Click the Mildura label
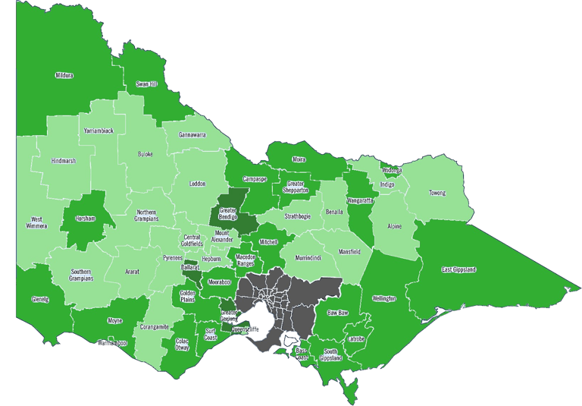pos(64,76)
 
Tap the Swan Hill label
pos(147,84)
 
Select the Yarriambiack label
pos(99,131)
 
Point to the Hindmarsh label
pos(64,162)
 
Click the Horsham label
pos(86,219)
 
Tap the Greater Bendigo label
pos(228,214)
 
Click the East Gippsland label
pos(458,270)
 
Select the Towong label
pos(437,193)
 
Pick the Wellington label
pos(384,298)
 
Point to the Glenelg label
pos(40,299)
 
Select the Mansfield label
pos(349,251)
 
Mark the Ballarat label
pos(190,268)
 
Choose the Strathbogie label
pos(299,216)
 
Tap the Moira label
pos(299,159)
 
